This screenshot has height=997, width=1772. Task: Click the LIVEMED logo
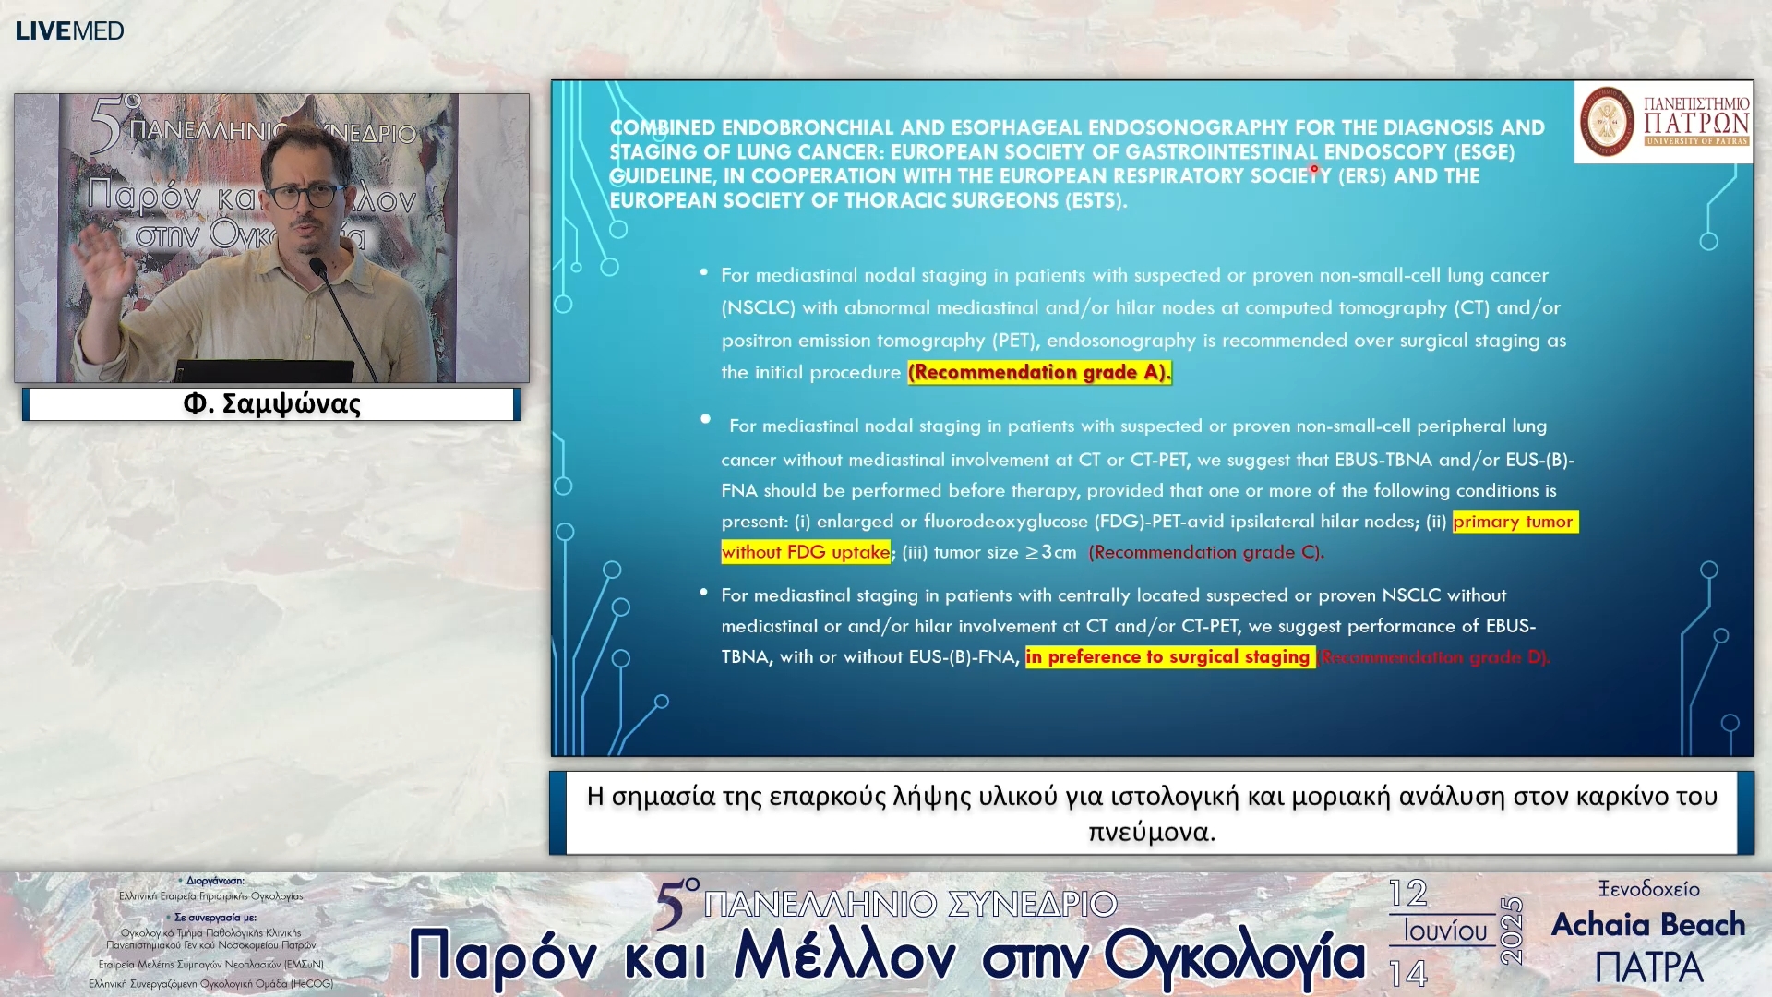(x=69, y=30)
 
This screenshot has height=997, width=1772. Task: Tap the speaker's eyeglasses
(x=305, y=196)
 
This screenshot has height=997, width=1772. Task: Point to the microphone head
(x=318, y=269)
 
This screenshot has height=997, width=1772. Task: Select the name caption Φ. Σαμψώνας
(x=271, y=404)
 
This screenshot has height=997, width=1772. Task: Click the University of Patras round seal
(x=1607, y=121)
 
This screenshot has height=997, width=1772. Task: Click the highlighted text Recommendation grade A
(x=1038, y=372)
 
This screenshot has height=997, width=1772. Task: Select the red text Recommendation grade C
(x=1205, y=552)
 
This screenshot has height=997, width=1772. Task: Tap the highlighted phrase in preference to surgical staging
(x=1168, y=656)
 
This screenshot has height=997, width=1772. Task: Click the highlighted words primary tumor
(x=1514, y=522)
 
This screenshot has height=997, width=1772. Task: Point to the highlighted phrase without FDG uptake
(x=805, y=552)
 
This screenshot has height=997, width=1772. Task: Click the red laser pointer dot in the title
(x=1313, y=169)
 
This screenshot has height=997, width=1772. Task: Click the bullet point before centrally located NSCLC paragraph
(x=703, y=593)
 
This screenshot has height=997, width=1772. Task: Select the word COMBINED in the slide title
(x=662, y=127)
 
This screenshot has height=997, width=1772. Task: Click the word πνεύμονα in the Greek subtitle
(x=1150, y=832)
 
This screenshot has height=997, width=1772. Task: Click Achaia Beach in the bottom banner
(x=1648, y=924)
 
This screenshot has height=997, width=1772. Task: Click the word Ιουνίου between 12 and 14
(x=1445, y=931)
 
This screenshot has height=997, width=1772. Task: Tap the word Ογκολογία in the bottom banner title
(x=1234, y=956)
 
